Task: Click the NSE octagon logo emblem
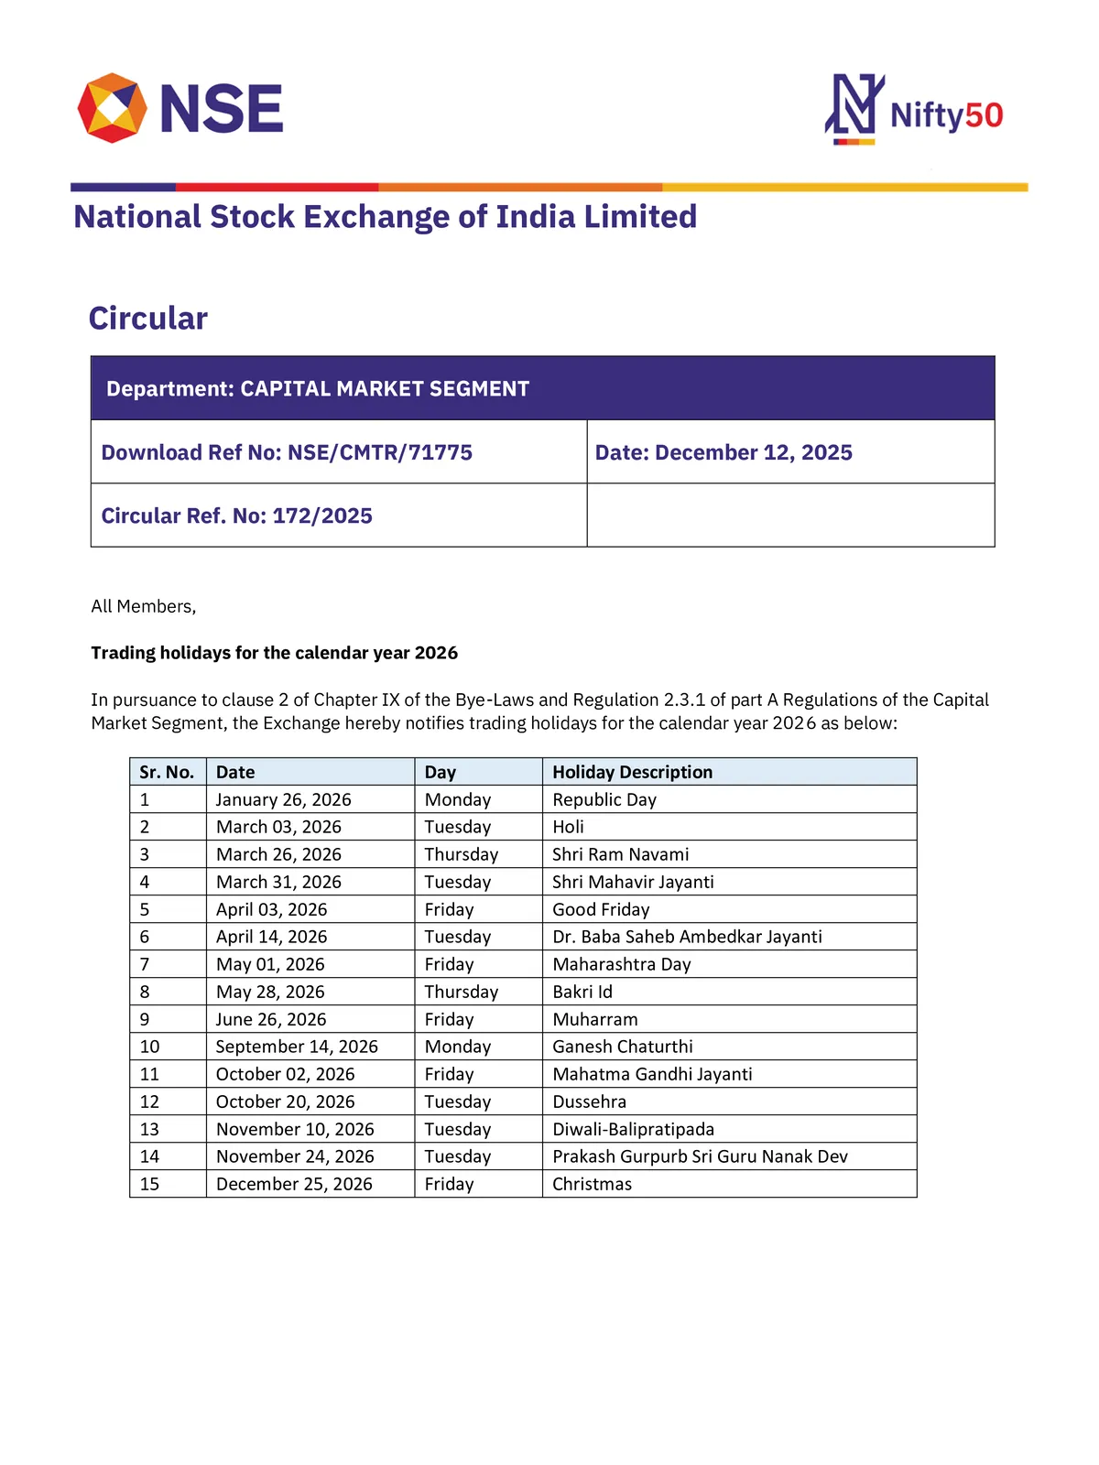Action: coord(113,108)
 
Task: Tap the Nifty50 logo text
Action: coord(946,115)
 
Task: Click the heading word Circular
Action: coord(148,319)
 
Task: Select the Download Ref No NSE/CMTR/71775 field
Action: coord(287,452)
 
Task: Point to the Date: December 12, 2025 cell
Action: coord(724,452)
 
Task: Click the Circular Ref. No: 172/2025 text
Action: coord(237,515)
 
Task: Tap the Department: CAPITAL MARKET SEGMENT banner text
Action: coord(318,389)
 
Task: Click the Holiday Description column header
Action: coord(632,772)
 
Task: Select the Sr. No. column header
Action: coord(167,772)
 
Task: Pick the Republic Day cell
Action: coord(604,799)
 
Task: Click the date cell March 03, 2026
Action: coord(278,827)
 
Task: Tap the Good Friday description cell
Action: coord(601,909)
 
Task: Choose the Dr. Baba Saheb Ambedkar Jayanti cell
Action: coord(687,937)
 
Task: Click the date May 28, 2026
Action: coord(270,992)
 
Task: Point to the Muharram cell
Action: coord(595,1019)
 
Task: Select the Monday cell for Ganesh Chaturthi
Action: coord(458,1047)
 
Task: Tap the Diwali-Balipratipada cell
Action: coord(633,1129)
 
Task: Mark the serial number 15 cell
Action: coord(149,1184)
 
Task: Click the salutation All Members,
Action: coord(144,606)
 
